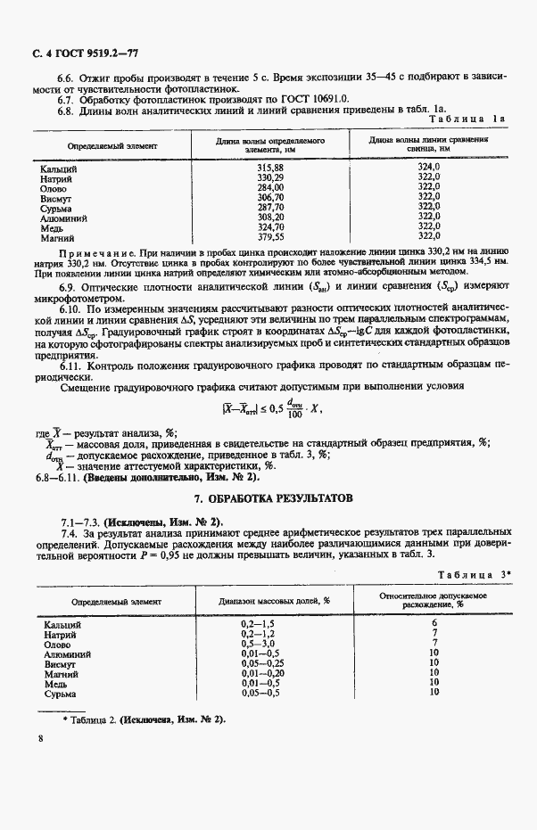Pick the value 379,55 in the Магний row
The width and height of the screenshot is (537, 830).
point(269,237)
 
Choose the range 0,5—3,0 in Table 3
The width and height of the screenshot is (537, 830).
point(260,644)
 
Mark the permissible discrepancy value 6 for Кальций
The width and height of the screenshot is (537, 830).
point(434,624)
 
